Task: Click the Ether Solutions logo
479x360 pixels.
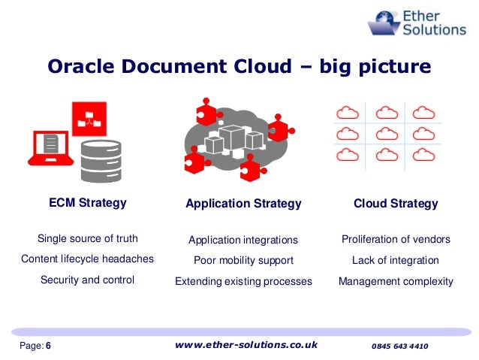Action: [417, 23]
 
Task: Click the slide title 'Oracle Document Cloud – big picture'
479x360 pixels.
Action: [239, 67]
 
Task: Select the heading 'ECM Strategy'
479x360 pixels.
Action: [87, 203]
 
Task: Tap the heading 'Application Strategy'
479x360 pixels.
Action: [243, 204]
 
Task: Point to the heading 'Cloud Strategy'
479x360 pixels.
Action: [396, 204]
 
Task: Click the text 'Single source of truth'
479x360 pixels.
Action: [88, 239]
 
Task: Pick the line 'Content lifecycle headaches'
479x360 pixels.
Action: [87, 259]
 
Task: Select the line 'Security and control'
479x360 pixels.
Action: [87, 280]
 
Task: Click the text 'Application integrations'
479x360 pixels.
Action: [243, 241]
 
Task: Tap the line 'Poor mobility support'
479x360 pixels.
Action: [243, 261]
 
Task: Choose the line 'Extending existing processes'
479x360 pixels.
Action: [243, 282]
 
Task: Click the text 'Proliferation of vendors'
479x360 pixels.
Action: [396, 240]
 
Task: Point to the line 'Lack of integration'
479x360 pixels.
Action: [396, 261]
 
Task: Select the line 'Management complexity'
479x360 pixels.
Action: [396, 282]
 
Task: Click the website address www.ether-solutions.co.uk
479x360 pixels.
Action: [246, 345]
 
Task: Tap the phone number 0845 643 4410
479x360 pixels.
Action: [399, 346]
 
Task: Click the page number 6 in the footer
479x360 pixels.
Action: [49, 346]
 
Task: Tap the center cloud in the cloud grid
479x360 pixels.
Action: [386, 134]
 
